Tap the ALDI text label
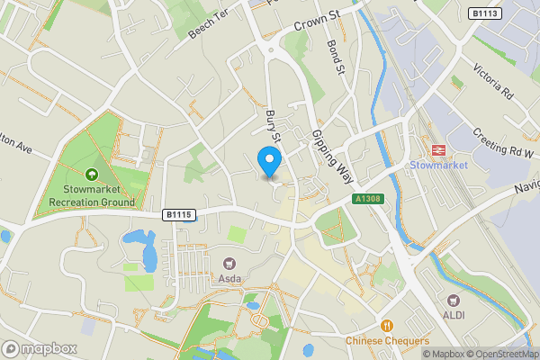(454, 315)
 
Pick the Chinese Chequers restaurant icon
(387, 326)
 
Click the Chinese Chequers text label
(387, 342)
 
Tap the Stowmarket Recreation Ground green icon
(91, 175)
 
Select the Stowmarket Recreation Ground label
(92, 195)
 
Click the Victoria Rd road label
(493, 80)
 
